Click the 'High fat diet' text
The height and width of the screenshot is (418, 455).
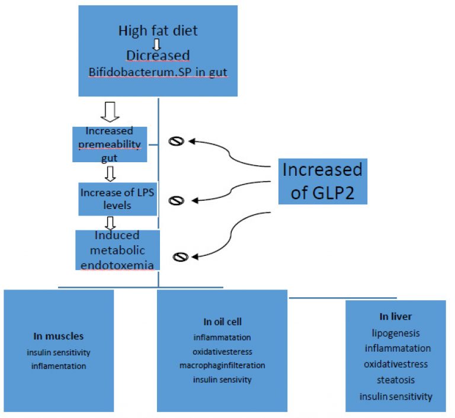(x=158, y=30)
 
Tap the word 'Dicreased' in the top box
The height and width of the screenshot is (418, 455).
(x=158, y=56)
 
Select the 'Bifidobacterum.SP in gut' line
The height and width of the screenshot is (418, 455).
(x=158, y=72)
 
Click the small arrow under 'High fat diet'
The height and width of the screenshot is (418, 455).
(x=156, y=44)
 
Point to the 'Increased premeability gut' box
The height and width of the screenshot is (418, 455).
(x=110, y=144)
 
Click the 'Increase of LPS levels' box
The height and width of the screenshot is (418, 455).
(x=117, y=199)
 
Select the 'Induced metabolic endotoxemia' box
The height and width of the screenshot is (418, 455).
(x=117, y=250)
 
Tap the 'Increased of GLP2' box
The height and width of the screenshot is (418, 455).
(x=323, y=181)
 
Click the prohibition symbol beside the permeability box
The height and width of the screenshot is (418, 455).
(x=176, y=142)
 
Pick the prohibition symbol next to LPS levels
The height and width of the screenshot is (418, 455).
(x=176, y=201)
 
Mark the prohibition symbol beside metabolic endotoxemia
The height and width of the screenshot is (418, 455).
(x=181, y=257)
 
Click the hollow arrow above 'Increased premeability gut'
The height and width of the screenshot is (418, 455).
(x=110, y=112)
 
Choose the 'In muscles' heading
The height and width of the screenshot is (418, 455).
(x=58, y=336)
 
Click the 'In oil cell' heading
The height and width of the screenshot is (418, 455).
(x=222, y=321)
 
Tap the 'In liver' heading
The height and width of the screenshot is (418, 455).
(x=396, y=317)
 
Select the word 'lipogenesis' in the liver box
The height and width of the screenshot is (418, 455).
(x=396, y=333)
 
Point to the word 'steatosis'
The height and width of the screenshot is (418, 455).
(x=396, y=380)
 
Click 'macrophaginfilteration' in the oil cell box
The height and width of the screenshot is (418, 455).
(x=222, y=365)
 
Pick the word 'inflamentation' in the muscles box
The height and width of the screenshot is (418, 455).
(x=59, y=366)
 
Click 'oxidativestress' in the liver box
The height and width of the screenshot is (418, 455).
(x=396, y=364)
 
